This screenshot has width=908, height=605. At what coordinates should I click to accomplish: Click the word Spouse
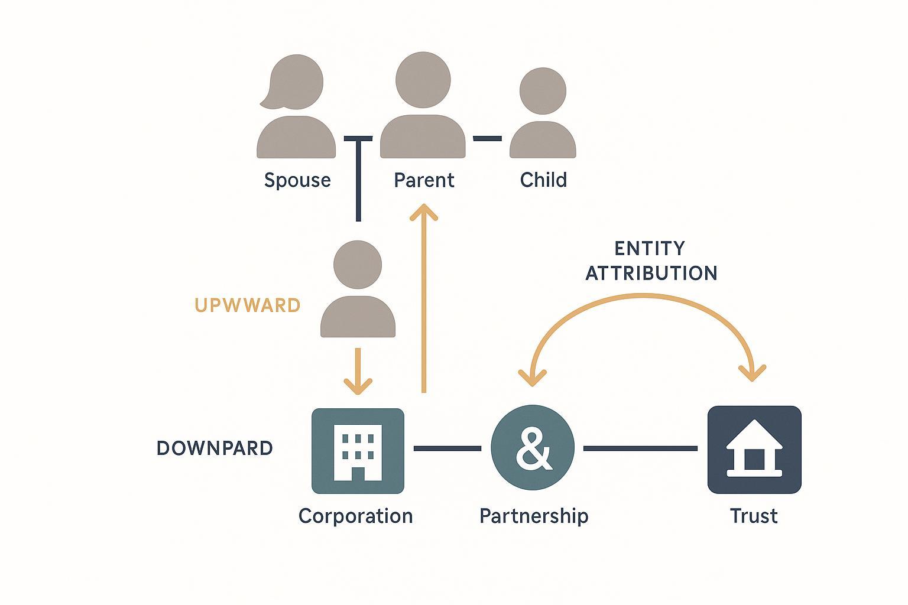click(x=297, y=180)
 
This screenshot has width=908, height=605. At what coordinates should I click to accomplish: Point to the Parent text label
click(x=424, y=180)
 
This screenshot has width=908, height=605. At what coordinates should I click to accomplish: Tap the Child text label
click(x=543, y=180)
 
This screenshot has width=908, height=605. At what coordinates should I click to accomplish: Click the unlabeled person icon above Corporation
click(x=358, y=290)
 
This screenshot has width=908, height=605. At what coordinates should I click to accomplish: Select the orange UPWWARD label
click(x=247, y=305)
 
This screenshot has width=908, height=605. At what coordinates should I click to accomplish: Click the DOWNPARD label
click(x=215, y=448)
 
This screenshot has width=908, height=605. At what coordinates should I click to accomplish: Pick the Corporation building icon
click(x=358, y=451)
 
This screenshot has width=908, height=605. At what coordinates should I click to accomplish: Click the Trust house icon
click(x=754, y=450)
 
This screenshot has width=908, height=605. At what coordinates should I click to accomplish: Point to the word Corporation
click(x=355, y=516)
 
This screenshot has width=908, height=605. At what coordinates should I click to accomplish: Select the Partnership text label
click(x=534, y=516)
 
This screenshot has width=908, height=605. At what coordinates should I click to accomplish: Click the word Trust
click(x=754, y=516)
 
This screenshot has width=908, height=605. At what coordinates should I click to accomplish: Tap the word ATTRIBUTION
click(x=651, y=273)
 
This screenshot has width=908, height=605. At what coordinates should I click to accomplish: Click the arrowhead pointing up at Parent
click(x=424, y=213)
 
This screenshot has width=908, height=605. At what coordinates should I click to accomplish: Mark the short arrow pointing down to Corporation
click(x=358, y=372)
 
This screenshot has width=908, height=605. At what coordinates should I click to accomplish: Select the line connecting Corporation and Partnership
click(x=447, y=448)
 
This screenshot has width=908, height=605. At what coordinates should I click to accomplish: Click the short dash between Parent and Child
click(x=487, y=138)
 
